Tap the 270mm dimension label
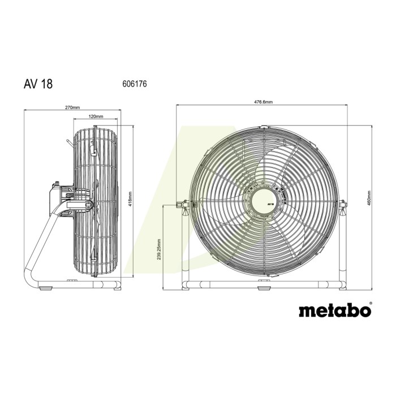click(x=72, y=107)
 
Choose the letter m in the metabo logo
click(x=306, y=311)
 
